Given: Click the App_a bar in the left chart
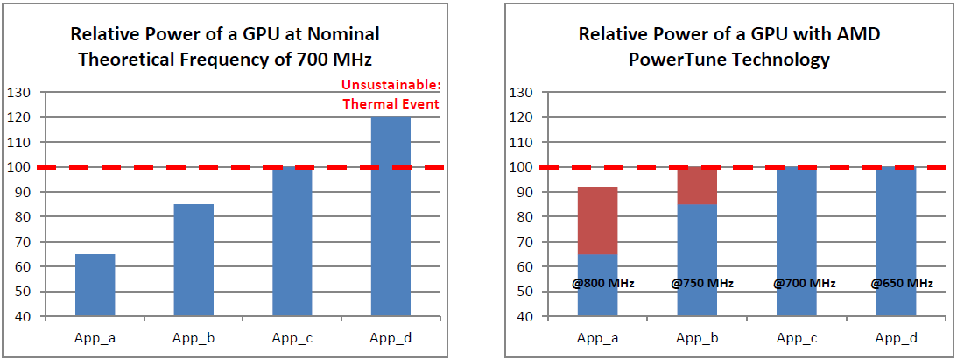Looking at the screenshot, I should pyautogui.click(x=95, y=285).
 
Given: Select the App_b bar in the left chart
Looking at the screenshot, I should pyautogui.click(x=194, y=260).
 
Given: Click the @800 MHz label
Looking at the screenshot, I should pyautogui.click(x=603, y=283).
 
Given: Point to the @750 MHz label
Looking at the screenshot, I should pyautogui.click(x=702, y=283).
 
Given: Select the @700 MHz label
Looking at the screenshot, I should pyautogui.click(x=804, y=283).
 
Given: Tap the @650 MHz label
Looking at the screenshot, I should pyautogui.click(x=902, y=283).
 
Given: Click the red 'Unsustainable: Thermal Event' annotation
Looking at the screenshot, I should pyautogui.click(x=391, y=95).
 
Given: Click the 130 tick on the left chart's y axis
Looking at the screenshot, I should pyautogui.click(x=18, y=93).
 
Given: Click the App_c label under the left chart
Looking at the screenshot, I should pyautogui.click(x=292, y=338).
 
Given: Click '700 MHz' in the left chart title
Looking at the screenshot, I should pyautogui.click(x=336, y=60).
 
